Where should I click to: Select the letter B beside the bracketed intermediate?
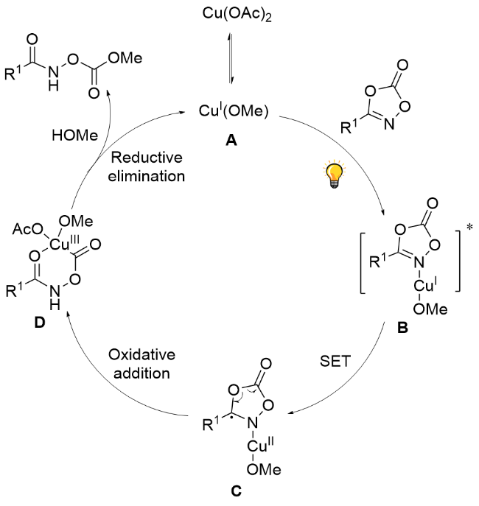(x=403, y=329)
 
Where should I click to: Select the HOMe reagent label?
(x=72, y=137)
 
